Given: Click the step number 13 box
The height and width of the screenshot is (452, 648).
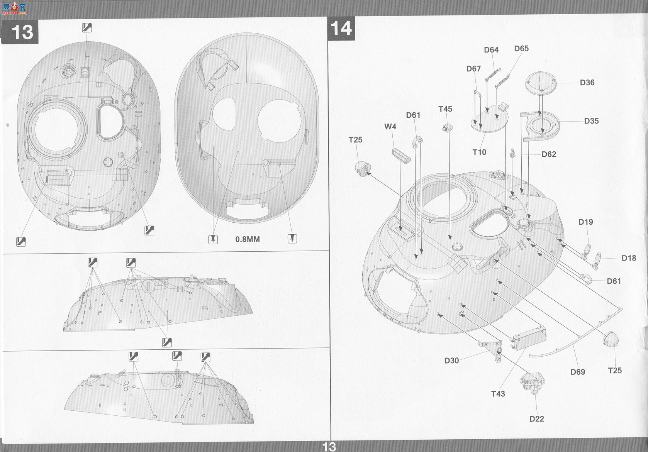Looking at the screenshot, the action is (x=20, y=32).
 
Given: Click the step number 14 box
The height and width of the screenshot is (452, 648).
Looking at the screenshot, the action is (x=341, y=28).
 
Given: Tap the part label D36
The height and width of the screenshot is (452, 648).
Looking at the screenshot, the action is (x=587, y=83).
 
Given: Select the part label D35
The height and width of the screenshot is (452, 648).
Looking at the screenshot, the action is (x=591, y=121).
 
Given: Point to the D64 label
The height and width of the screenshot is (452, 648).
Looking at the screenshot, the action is (x=491, y=50).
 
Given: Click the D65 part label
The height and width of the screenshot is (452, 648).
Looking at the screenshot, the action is (x=521, y=49).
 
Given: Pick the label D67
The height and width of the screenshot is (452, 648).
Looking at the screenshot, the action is (x=473, y=69).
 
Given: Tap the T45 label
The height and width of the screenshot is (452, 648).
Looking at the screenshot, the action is (x=445, y=109).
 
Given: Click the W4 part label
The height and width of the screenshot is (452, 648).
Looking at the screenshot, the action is (x=390, y=127).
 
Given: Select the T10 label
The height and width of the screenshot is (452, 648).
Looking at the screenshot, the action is (x=479, y=152).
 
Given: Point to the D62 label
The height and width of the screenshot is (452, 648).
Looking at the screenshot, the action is (x=549, y=154).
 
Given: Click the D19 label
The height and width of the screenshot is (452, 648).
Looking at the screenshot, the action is (x=585, y=222).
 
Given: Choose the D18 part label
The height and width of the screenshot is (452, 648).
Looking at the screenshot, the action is (x=629, y=258).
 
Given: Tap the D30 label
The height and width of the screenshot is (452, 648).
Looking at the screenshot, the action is (x=451, y=361).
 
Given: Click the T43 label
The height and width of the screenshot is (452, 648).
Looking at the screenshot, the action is (x=498, y=394).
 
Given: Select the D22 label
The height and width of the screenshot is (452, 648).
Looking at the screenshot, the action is (x=537, y=419).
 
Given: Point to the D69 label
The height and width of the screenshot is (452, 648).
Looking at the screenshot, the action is (x=578, y=372).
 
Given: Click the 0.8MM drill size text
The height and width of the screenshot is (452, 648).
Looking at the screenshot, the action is (x=248, y=239).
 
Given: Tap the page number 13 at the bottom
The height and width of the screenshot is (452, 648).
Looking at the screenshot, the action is (x=329, y=447).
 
